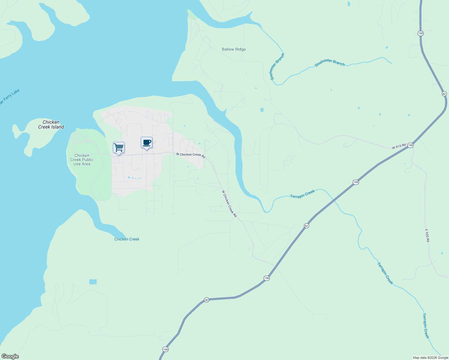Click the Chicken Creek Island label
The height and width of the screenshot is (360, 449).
[51, 124]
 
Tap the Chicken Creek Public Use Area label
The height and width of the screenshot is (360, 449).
[82, 160]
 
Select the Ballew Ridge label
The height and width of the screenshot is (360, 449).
[234, 49]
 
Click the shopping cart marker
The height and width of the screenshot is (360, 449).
[119, 147]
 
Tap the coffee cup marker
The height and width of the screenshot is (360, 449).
[146, 142]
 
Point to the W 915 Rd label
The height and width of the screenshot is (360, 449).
[399, 146]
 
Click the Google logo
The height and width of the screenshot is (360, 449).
[10, 356]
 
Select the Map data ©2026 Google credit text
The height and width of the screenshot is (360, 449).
[430, 358]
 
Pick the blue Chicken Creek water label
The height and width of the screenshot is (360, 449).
[127, 239]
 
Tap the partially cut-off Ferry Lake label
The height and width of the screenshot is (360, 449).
[9, 97]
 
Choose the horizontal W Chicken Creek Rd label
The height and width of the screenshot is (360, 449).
[191, 155]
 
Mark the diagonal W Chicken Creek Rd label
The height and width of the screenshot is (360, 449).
[229, 203]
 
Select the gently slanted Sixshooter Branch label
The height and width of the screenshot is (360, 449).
[330, 62]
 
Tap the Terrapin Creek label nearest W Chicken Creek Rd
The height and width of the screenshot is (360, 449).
[302, 194]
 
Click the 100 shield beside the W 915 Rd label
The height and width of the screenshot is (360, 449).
[411, 145]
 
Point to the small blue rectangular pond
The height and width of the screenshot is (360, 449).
[93, 282]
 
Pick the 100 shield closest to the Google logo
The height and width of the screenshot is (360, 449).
[165, 349]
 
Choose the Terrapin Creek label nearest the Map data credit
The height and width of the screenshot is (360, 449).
[426, 326]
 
